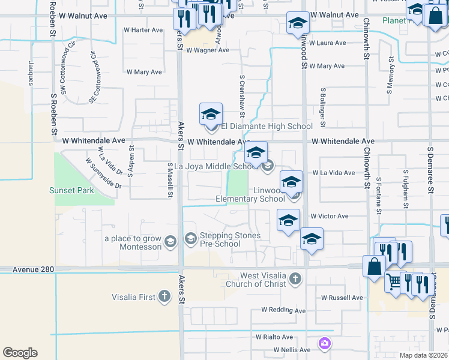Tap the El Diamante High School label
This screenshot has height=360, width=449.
(267, 126)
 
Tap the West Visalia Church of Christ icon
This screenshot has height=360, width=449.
(295, 278)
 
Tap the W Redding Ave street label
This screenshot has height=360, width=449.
(283, 310)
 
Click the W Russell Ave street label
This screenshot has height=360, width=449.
(342, 298)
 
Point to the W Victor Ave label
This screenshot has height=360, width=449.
(329, 216)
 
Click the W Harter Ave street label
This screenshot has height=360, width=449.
(143, 30)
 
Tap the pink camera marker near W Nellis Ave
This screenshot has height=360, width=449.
(325, 343)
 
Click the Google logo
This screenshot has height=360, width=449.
(20, 353)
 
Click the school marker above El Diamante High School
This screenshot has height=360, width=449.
(211, 113)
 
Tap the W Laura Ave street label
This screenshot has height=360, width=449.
(327, 43)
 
